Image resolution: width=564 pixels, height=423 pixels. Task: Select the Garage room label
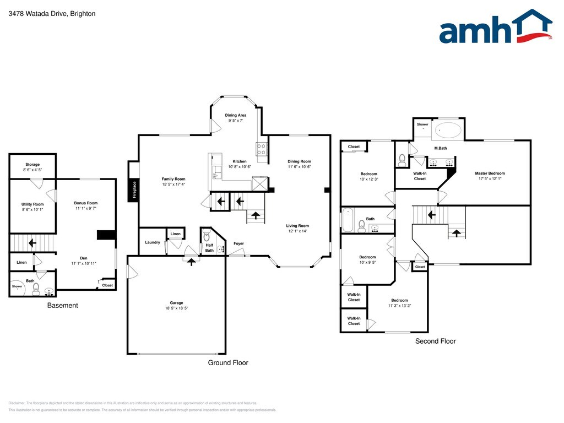(176, 303)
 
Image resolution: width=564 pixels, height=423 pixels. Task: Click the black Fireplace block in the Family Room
(133, 191)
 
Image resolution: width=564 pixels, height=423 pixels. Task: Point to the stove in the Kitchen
(262, 148)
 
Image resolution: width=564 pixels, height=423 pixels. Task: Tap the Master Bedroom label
(490, 173)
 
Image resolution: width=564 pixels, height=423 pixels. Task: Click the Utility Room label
(32, 204)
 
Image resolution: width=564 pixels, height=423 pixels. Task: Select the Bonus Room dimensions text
(86, 209)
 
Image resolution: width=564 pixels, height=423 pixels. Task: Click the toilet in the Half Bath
(207, 238)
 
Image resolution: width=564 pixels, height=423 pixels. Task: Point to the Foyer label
(238, 243)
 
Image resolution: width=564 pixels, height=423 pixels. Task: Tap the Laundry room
(152, 242)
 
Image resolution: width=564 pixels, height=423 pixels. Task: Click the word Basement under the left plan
(62, 306)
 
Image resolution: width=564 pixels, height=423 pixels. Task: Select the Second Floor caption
(435, 341)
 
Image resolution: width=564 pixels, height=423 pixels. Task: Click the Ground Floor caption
(227, 363)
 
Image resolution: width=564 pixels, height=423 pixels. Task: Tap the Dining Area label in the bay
(235, 115)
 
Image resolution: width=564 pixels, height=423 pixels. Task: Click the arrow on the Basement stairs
(32, 242)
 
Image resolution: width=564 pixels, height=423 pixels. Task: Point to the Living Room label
(297, 226)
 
